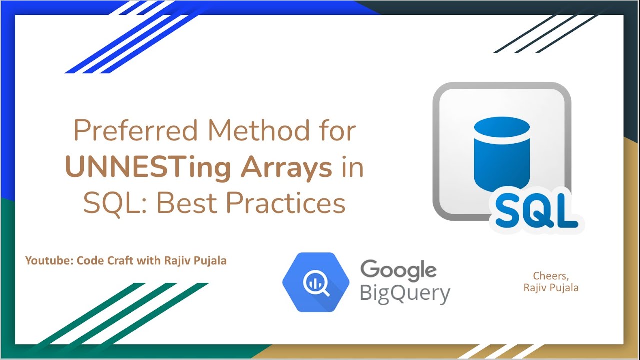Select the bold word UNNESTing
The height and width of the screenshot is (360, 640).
[x=148, y=168]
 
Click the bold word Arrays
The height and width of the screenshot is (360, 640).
[x=286, y=168]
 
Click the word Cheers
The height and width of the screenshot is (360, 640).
[x=551, y=276]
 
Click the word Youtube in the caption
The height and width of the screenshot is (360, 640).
[x=48, y=260]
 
